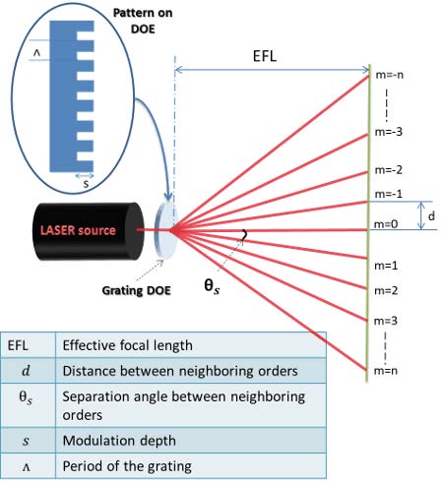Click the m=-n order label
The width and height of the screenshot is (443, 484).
(x=390, y=75)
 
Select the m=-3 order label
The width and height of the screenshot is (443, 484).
(x=389, y=132)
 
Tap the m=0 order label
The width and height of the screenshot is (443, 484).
(x=386, y=224)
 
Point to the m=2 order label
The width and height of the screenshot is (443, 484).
(x=386, y=290)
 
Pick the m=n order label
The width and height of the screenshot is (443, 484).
(x=386, y=371)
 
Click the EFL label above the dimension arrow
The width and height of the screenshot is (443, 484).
(x=265, y=56)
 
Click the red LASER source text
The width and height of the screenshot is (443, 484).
(x=78, y=230)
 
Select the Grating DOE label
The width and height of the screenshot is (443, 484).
(x=136, y=290)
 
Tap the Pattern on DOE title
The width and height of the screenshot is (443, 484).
(x=143, y=21)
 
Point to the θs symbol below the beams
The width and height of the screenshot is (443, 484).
(x=212, y=285)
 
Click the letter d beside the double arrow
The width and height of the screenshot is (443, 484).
(x=431, y=215)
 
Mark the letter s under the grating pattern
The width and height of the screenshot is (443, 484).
(x=86, y=184)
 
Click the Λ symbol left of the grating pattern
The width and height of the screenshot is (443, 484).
(x=37, y=52)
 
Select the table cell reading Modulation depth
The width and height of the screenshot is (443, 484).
(x=191, y=440)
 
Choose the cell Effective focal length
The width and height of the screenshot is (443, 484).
(x=191, y=345)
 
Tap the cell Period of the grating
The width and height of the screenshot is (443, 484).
(x=191, y=465)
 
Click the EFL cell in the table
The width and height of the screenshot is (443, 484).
(x=28, y=345)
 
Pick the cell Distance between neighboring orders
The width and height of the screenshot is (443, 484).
(x=191, y=371)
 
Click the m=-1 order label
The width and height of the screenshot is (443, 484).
(x=389, y=194)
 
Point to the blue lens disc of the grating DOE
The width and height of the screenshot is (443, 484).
(x=166, y=230)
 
